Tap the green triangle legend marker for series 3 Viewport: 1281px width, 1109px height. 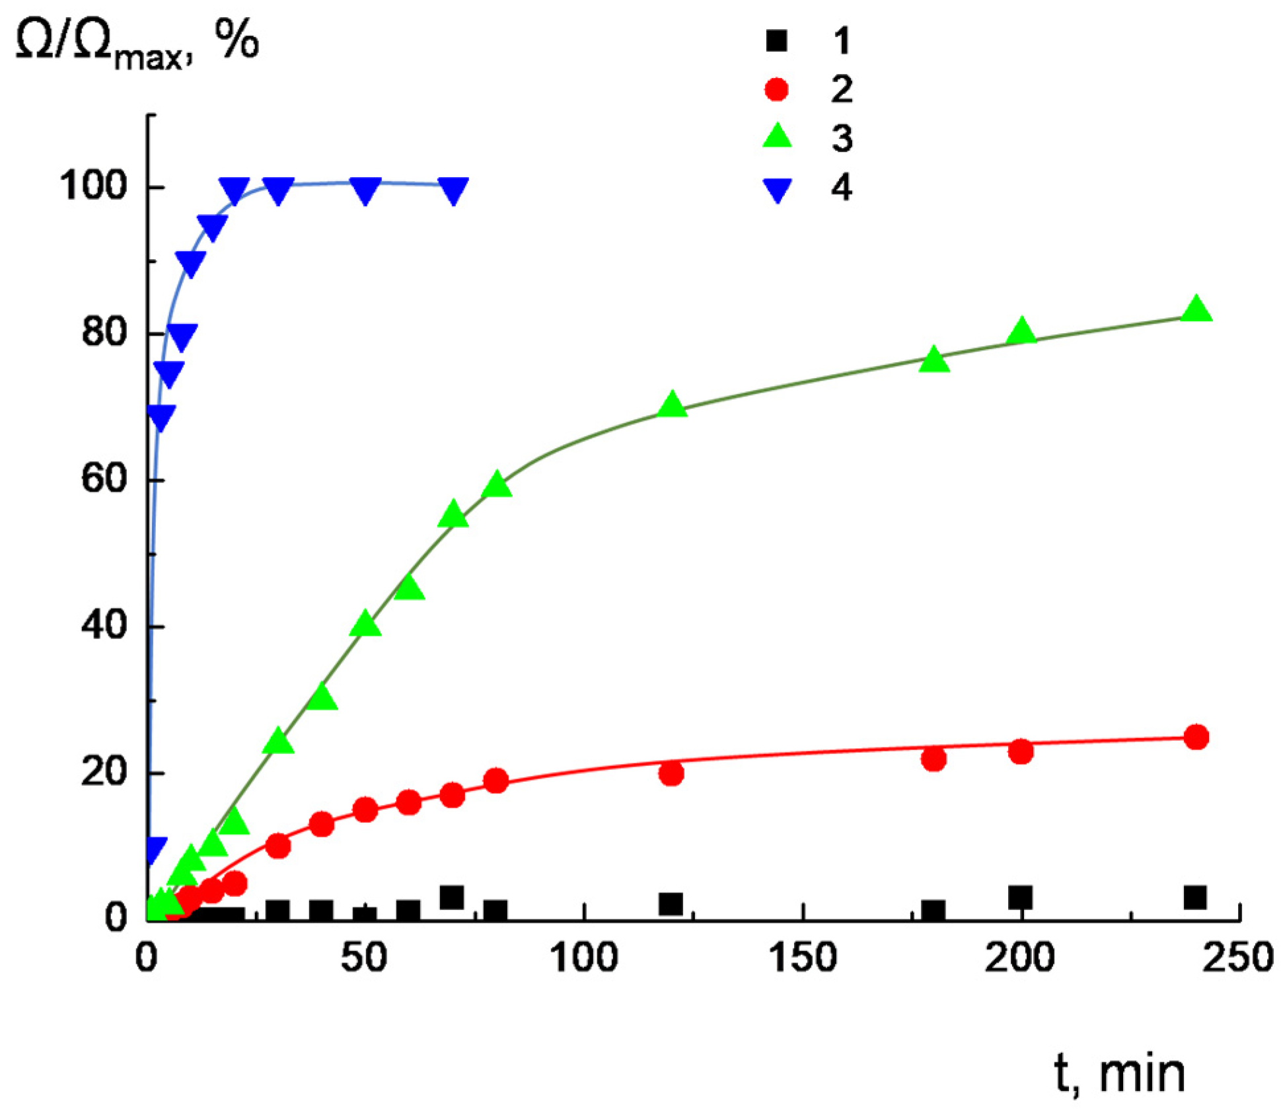777,137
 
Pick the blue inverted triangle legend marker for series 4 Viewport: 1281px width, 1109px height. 778,190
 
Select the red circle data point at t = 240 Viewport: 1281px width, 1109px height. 1196,737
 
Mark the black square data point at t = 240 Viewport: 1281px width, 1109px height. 1195,898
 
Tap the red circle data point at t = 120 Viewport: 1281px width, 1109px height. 671,773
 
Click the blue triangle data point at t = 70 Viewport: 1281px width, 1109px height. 453,190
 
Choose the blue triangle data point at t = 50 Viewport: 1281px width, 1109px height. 365,190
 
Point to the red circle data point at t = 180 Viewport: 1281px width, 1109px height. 933,759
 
